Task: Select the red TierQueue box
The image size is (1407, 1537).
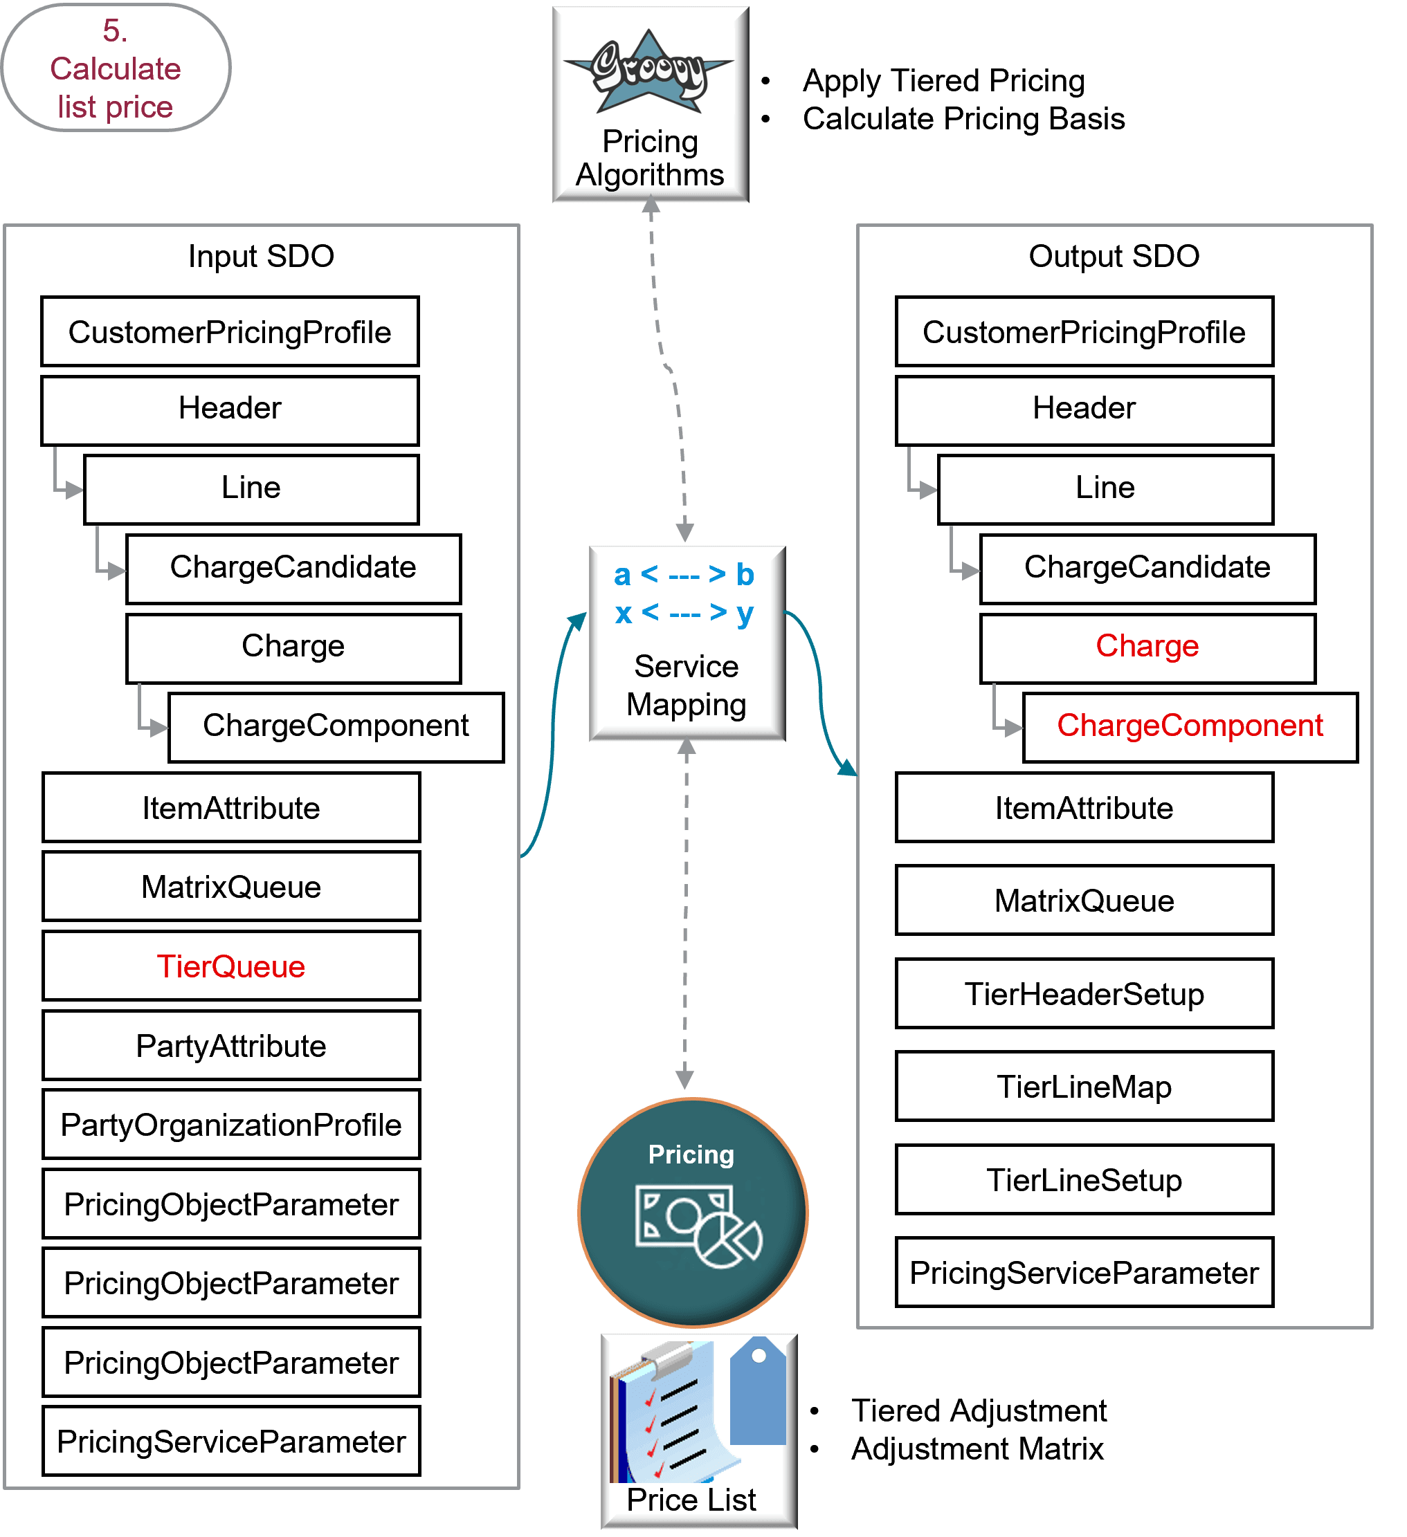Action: coord(231,966)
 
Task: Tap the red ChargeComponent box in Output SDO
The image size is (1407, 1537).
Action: coord(1190,726)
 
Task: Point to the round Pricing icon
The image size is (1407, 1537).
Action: coord(693,1212)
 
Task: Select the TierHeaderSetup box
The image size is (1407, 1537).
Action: coord(1084,993)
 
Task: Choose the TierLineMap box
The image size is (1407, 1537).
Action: coord(1084,1087)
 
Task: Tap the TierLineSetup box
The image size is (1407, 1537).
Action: coord(1084,1179)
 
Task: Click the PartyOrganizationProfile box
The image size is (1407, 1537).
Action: coord(231,1125)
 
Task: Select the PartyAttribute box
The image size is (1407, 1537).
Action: coord(231,1045)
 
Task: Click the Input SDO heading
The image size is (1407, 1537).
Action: coord(261,256)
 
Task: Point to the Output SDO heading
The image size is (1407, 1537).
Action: coord(1114,256)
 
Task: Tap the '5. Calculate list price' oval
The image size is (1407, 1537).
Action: coord(116,68)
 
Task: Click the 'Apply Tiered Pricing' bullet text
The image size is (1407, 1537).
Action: coord(943,81)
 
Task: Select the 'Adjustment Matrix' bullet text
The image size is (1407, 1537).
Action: coord(977,1448)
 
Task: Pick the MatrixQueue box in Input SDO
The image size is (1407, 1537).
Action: coord(231,887)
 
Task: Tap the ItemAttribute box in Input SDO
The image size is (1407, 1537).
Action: coord(231,807)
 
